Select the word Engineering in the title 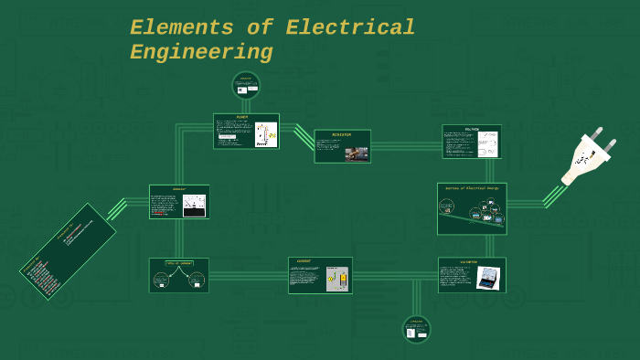(201, 53)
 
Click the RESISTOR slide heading (342, 134)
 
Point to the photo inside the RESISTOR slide (357, 154)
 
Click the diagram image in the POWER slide (266, 135)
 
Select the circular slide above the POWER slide (246, 85)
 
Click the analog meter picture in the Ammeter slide (194, 206)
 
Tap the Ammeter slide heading (179, 189)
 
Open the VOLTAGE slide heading (472, 129)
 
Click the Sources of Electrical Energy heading (472, 188)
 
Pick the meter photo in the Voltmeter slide (488, 277)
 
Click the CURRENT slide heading (304, 261)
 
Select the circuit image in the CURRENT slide (337, 279)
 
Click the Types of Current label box (178, 263)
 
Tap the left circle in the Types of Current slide (161, 280)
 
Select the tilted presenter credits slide (68, 251)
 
